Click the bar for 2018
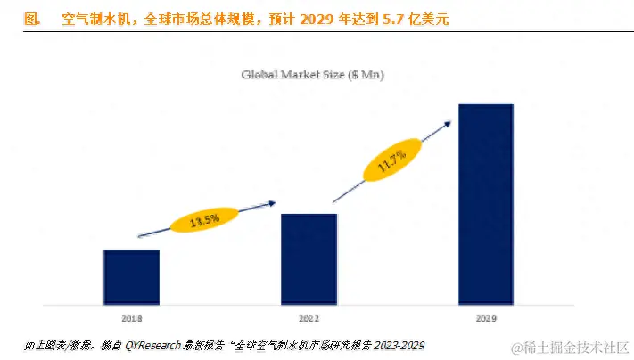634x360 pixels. pyautogui.click(x=131, y=276)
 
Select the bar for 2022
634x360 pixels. pyautogui.click(x=309, y=258)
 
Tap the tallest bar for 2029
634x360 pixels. pyautogui.click(x=486, y=204)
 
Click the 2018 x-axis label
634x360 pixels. pyautogui.click(x=131, y=317)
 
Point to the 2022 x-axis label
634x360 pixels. pyautogui.click(x=309, y=317)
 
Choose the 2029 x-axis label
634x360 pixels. pyautogui.click(x=486, y=317)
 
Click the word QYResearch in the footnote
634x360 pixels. pyautogui.click(x=154, y=345)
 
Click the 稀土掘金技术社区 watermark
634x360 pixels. pyautogui.click(x=576, y=345)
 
